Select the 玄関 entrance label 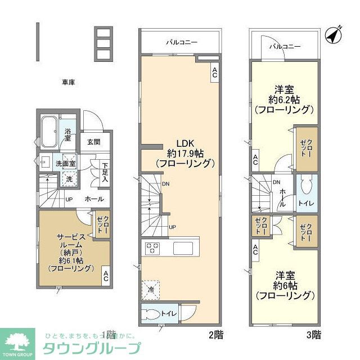94,142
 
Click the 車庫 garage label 69,82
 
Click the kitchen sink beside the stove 183,248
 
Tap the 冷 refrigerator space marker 151,289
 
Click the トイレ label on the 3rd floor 307,202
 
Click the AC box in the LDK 214,71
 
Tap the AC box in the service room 105,276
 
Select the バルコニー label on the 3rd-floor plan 284,47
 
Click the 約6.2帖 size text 283,100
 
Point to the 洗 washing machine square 68,179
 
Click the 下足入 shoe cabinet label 104,172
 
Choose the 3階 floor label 314,335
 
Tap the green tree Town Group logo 18,343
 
